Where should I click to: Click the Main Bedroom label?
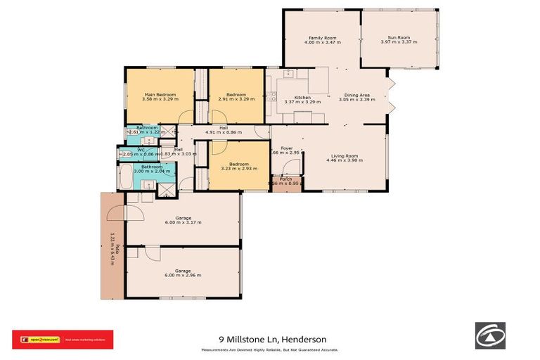[159, 94]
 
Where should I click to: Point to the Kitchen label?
[302, 97]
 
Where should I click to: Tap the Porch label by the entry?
[286, 179]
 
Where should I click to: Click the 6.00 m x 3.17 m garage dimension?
[184, 222]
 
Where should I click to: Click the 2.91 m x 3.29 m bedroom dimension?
[237, 99]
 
